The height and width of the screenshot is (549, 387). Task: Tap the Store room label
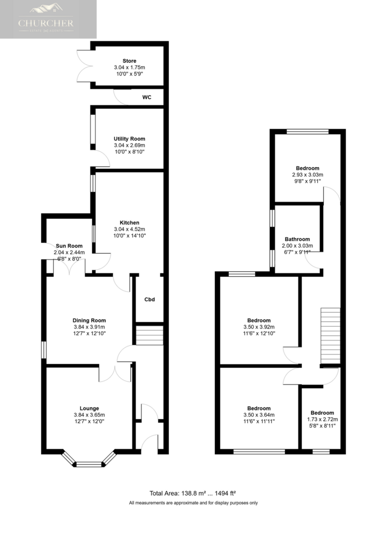[130, 61]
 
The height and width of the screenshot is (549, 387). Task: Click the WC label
[147, 98]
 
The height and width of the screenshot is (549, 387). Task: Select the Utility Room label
[130, 139]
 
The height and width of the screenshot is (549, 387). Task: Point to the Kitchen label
[130, 222]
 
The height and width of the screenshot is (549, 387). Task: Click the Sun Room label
[69, 246]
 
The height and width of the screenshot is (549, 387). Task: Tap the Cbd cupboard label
[150, 299]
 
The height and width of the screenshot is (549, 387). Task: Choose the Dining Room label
[89, 321]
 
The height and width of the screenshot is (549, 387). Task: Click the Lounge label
[89, 408]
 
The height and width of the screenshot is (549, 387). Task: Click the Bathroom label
[297, 239]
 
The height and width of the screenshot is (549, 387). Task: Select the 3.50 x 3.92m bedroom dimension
[259, 327]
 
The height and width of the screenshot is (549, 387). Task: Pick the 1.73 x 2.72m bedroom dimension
[322, 419]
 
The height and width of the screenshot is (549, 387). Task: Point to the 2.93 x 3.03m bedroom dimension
[308, 175]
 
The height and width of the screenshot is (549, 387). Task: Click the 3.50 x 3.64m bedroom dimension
[259, 415]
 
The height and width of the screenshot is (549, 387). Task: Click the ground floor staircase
[150, 336]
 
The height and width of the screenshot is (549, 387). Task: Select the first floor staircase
[330, 336]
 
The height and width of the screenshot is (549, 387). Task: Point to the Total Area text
[192, 493]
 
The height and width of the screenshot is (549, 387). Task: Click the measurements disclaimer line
[193, 503]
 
